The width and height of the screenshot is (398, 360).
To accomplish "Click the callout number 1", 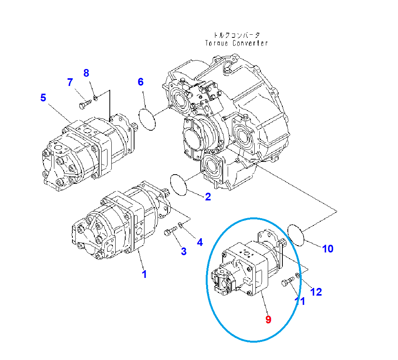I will click(x=144, y=274).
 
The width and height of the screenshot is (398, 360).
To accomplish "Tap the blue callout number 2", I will click(x=208, y=197).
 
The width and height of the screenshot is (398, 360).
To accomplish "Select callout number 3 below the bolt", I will click(x=184, y=251).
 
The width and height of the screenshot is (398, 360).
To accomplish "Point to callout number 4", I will click(x=200, y=242).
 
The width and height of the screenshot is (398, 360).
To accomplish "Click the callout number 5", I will click(x=43, y=98).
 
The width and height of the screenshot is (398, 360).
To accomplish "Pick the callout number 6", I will click(x=141, y=82).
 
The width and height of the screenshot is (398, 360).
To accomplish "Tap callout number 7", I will click(x=70, y=82).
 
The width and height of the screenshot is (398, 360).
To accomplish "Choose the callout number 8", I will click(x=86, y=72).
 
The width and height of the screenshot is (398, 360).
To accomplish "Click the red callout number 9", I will click(x=269, y=319).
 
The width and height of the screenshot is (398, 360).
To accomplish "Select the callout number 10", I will click(x=327, y=249).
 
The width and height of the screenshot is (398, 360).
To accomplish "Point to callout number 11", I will click(x=300, y=301).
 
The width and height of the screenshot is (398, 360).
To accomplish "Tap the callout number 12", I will click(x=316, y=292).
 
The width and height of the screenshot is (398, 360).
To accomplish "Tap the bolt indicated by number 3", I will click(x=170, y=232).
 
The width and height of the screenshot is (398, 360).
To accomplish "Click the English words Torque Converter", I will click(x=236, y=43).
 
